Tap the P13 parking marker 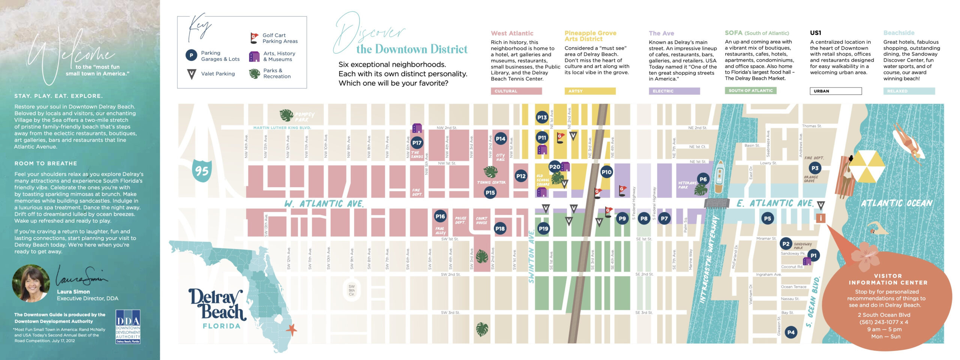click(x=542, y=117)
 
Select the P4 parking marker click(x=791, y=332)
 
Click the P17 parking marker click(x=417, y=142)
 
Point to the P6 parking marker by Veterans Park click(x=703, y=179)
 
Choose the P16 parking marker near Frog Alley click(x=440, y=216)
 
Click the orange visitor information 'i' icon click(x=820, y=218)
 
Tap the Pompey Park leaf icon click(x=286, y=115)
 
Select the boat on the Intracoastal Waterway click(x=719, y=177)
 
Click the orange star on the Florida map click(x=291, y=330)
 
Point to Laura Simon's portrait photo click(x=30, y=283)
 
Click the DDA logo click(x=128, y=326)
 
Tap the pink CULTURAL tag click(x=516, y=91)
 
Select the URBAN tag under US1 click(x=835, y=91)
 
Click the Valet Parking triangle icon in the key click(x=191, y=74)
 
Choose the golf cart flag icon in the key click(x=254, y=38)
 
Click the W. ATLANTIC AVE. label click(x=324, y=204)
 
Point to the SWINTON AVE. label click(x=531, y=256)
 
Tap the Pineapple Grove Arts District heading click(x=590, y=36)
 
